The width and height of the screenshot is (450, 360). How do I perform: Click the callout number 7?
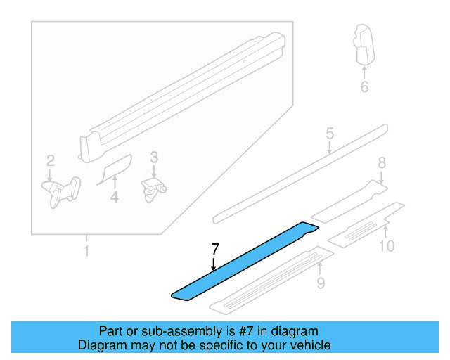tap(215, 248)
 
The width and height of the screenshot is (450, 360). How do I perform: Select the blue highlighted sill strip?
tap(243, 261)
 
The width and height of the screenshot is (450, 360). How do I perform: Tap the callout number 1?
tap(86, 251)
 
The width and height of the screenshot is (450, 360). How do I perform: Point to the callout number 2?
tap(50, 161)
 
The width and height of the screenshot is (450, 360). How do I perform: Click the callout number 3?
tap(154, 158)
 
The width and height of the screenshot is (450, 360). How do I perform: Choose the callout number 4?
tap(114, 198)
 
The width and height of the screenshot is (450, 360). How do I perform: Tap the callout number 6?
tap(364, 87)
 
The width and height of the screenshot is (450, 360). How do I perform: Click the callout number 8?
tap(382, 163)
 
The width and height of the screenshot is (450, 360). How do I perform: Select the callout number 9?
tap(320, 283)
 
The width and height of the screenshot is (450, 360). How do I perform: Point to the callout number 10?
tap(386, 245)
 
